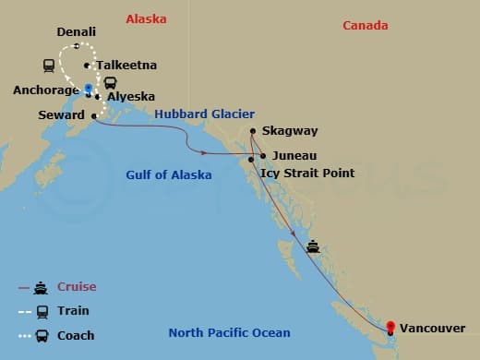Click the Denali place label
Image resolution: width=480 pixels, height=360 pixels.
coord(76,32)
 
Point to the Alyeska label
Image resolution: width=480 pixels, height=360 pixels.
coord(131,96)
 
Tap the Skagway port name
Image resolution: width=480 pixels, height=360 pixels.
coord(288,132)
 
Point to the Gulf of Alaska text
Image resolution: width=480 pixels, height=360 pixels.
coord(169,174)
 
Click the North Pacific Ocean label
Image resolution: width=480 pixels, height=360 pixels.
coord(229,333)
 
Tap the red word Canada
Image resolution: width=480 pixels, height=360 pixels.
coord(365,25)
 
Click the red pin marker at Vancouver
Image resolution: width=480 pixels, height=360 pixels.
coord(390,326)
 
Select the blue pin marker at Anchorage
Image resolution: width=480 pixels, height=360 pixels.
coord(89,89)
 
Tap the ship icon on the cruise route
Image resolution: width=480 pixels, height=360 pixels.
coord(314,246)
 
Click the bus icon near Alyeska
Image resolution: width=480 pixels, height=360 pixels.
coord(110,83)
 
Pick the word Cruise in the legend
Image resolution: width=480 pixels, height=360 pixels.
coord(78,287)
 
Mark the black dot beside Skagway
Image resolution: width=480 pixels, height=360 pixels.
coord(252,132)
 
